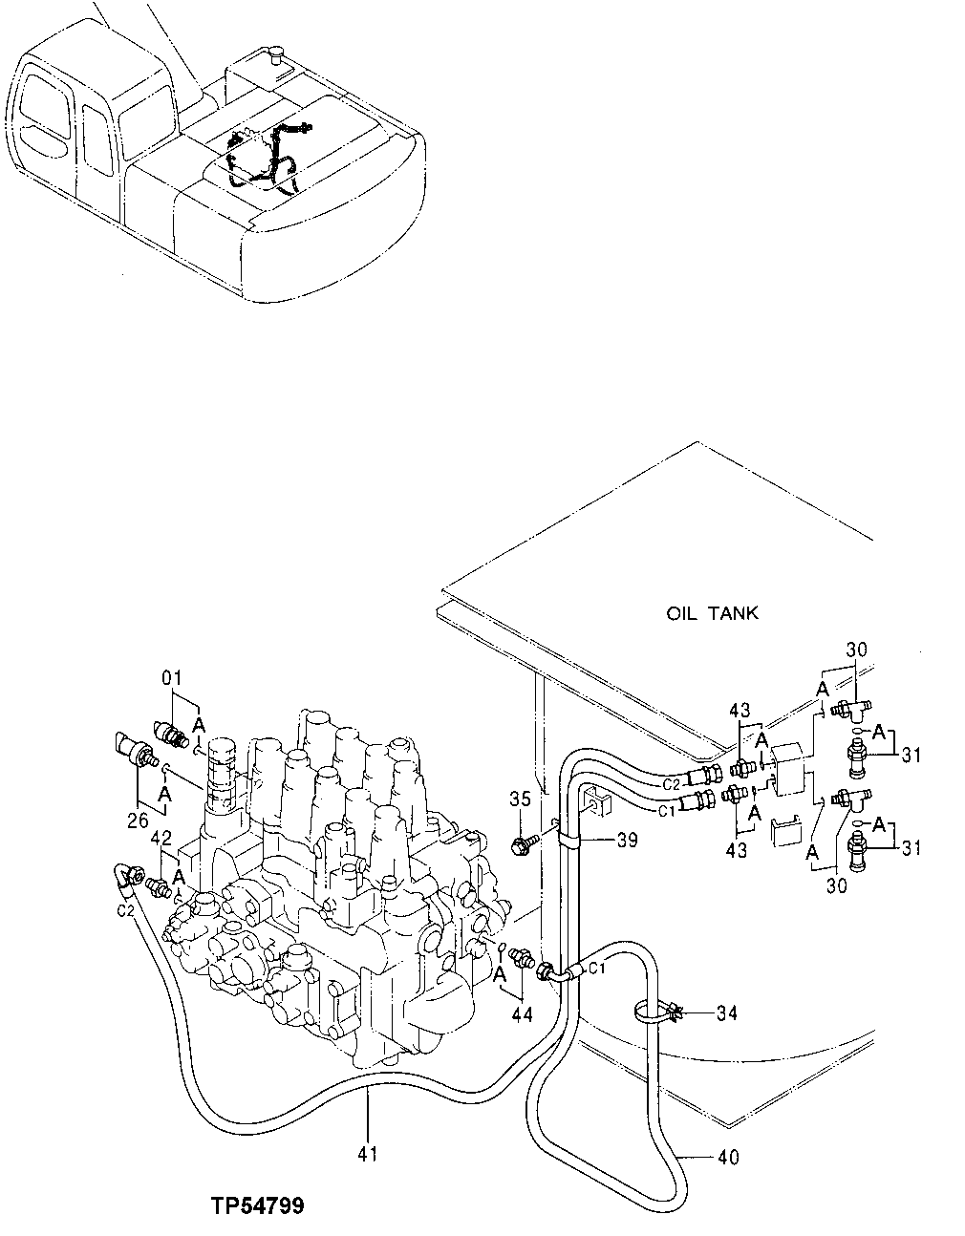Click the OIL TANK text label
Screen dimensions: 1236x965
click(x=712, y=612)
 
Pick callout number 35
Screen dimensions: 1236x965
click(x=519, y=799)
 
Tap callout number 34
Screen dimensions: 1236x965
click(x=726, y=1012)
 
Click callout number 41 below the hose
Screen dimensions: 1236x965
click(x=368, y=1154)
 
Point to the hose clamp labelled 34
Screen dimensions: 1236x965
click(x=659, y=1012)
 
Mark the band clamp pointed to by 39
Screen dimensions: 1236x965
click(x=570, y=840)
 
